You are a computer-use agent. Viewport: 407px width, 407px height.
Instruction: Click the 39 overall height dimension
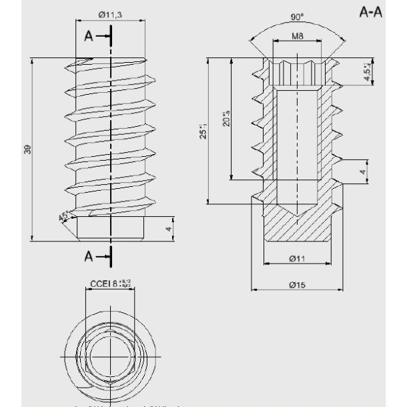tap(27, 149)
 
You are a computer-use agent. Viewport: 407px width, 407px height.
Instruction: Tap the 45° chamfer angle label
tap(64, 217)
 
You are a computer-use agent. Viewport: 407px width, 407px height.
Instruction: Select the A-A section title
tap(370, 12)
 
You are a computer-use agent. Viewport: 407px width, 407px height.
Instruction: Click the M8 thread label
tap(299, 37)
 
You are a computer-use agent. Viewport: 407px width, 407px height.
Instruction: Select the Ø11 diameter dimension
tap(298, 258)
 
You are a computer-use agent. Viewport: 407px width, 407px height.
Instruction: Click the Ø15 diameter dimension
tap(298, 285)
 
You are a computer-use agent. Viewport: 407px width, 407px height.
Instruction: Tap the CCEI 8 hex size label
tap(111, 284)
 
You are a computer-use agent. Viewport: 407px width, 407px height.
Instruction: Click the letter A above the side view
tap(88, 37)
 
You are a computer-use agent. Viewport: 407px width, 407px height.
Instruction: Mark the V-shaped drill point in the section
tap(298, 210)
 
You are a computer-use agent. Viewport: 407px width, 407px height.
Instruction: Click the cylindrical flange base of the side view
tap(111, 228)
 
